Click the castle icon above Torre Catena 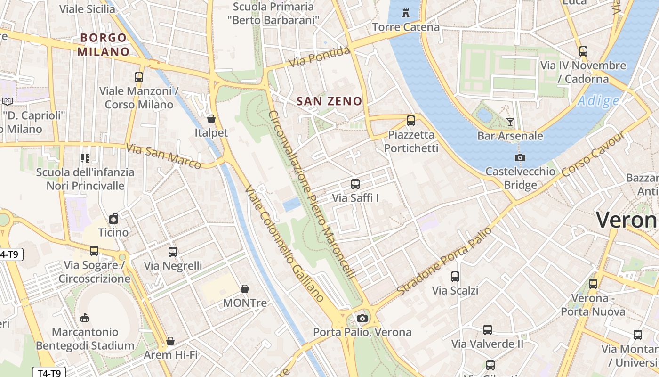click(406, 13)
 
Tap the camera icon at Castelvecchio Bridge click(520, 158)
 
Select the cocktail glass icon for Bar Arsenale click(510, 122)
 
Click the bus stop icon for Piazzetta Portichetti click(411, 121)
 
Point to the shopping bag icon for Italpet click(211, 119)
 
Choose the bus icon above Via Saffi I click(355, 184)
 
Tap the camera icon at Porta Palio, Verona click(362, 318)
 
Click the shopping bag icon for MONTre click(245, 289)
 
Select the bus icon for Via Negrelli click(173, 252)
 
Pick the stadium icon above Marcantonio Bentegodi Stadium click(85, 318)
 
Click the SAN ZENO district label click(329, 101)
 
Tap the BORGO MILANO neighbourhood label click(104, 45)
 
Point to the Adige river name click(598, 101)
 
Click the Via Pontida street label click(320, 57)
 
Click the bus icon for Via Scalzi click(455, 277)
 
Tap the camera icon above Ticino click(113, 219)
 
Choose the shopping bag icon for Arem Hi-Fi click(170, 341)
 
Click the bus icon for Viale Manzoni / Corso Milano click(139, 77)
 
